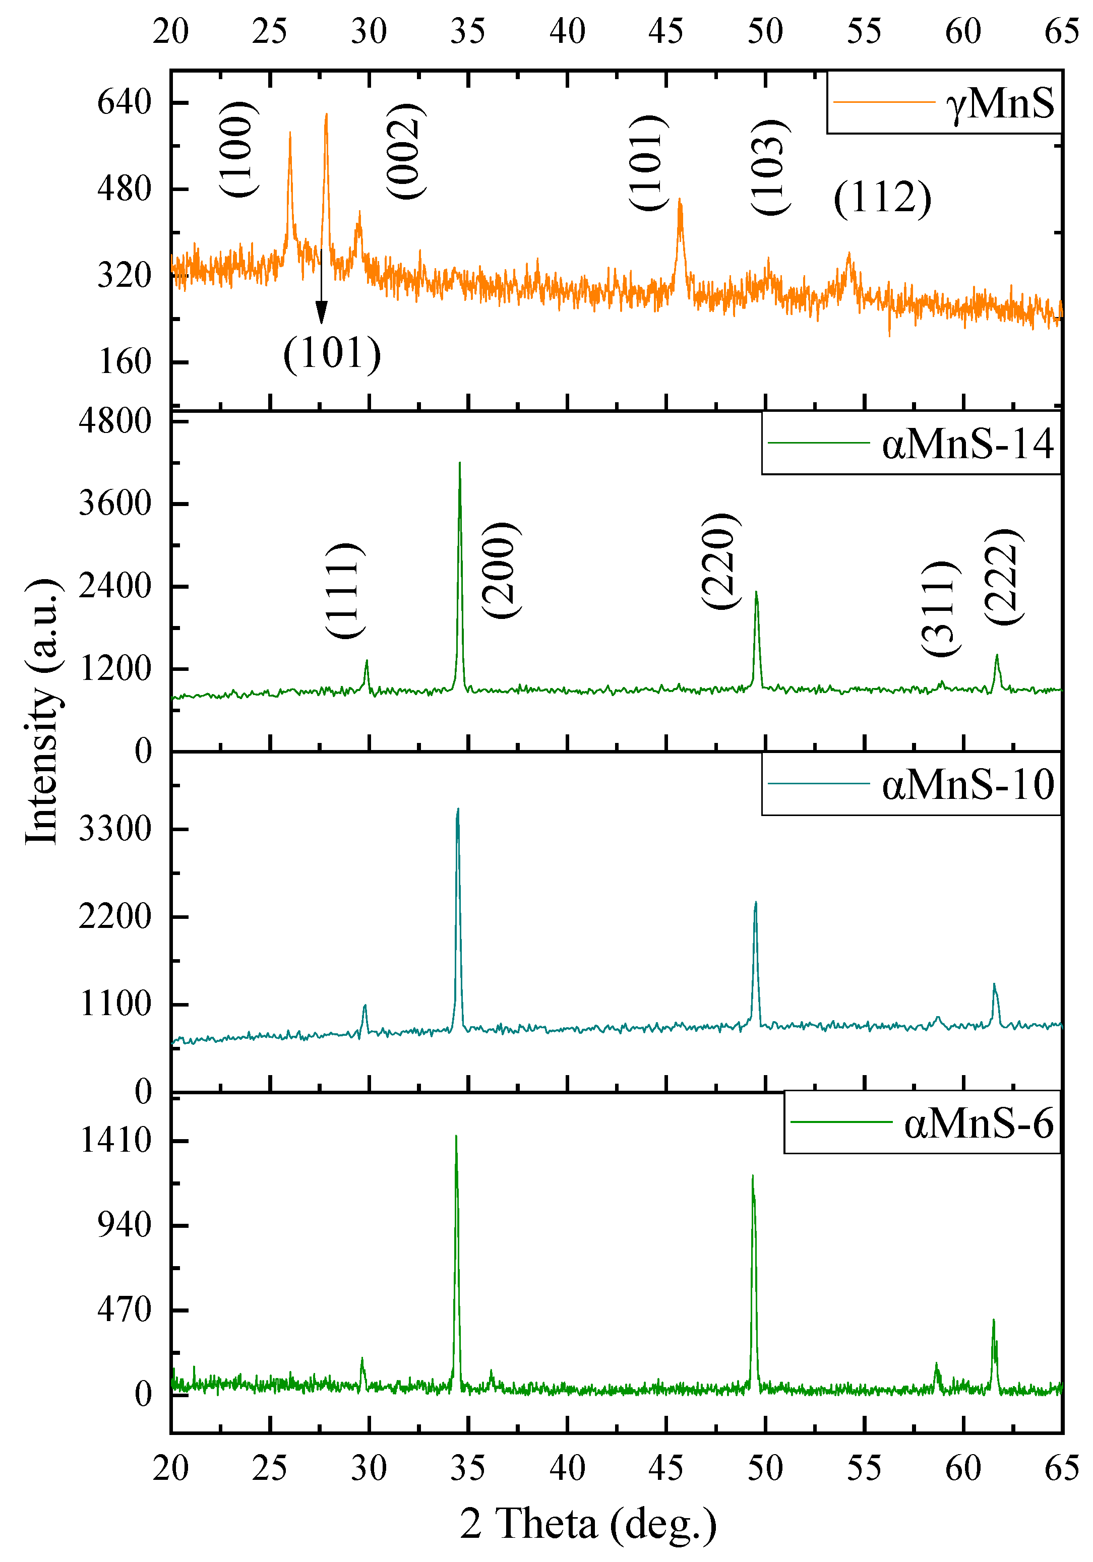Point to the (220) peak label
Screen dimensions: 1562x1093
coord(719,561)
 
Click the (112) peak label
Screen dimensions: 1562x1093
coord(882,199)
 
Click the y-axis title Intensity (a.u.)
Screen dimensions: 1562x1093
coord(42,712)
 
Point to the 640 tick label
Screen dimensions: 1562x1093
coord(124,103)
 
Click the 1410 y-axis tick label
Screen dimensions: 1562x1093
coord(115,1140)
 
